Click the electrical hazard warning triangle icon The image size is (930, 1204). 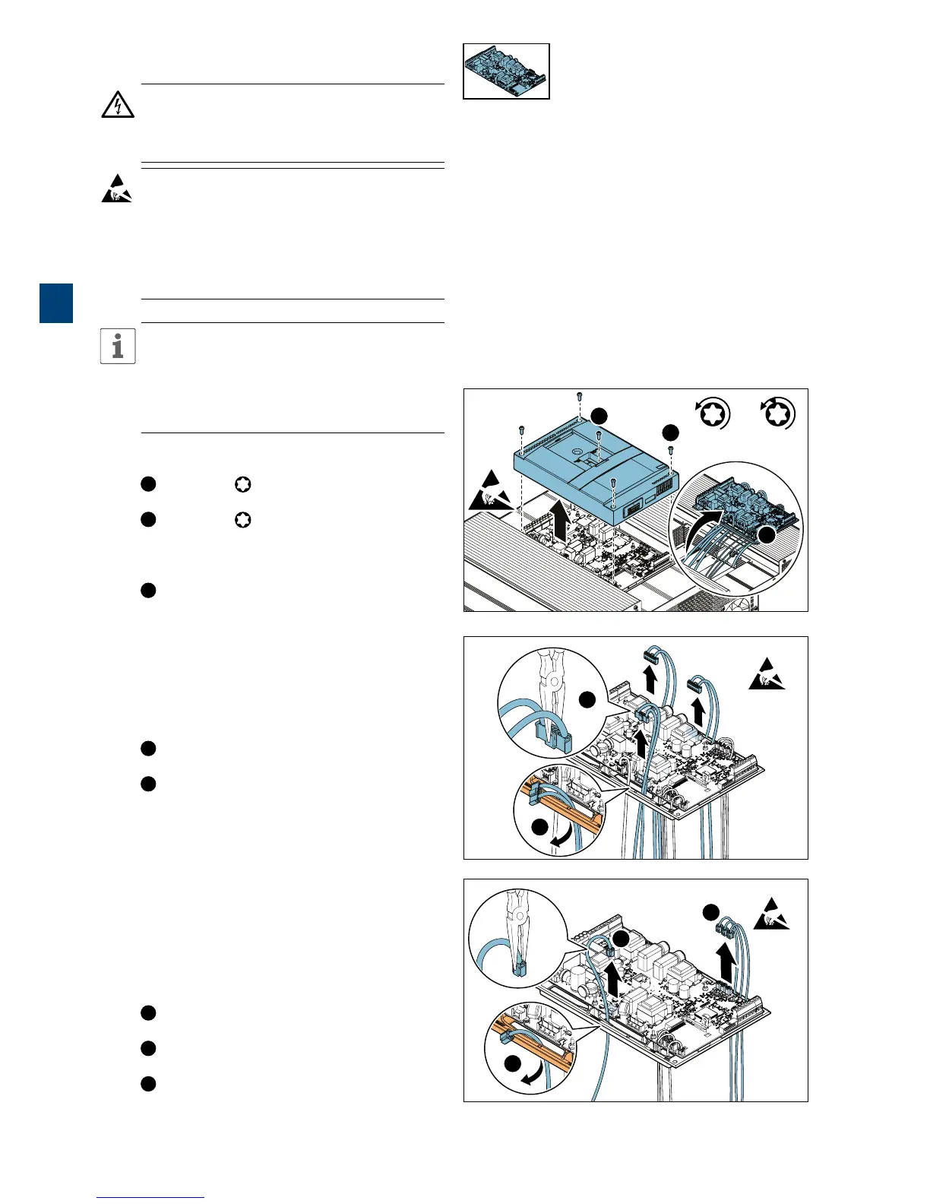[x=118, y=105]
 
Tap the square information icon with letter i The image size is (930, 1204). [x=118, y=347]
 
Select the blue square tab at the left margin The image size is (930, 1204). [x=56, y=303]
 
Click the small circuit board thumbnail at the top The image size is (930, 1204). [x=506, y=71]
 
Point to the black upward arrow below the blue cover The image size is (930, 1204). [x=559, y=524]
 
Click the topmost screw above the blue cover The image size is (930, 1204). [x=580, y=396]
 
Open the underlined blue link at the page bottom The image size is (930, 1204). [x=150, y=1196]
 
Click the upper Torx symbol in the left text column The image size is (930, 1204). [x=242, y=484]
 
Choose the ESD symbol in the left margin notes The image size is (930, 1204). [x=116, y=189]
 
